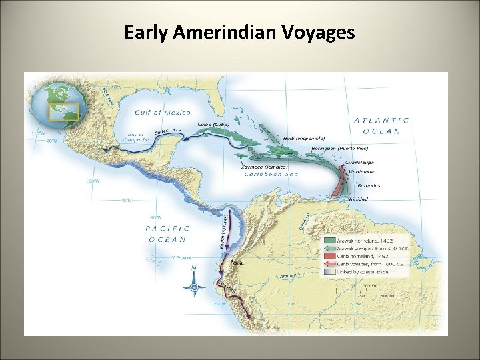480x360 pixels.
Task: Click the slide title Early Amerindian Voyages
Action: pyautogui.click(x=239, y=32)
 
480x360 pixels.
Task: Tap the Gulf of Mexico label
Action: pyautogui.click(x=163, y=113)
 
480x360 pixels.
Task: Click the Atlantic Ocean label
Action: pyautogui.click(x=381, y=125)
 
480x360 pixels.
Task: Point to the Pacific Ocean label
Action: pyautogui.click(x=168, y=233)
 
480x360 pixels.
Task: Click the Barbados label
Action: pyautogui.click(x=369, y=185)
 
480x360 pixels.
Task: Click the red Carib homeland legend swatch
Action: pyautogui.click(x=330, y=257)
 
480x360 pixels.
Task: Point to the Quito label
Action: pyautogui.click(x=237, y=263)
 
